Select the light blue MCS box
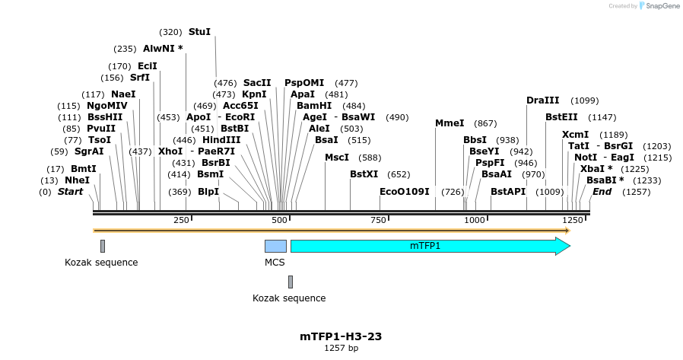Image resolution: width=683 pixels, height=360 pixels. [275, 246]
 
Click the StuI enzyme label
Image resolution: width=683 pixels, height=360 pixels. [199, 32]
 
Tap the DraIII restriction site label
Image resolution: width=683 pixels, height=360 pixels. [542, 100]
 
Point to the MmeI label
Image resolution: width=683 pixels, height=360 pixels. [450, 123]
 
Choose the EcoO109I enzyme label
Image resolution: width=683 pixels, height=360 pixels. [405, 192]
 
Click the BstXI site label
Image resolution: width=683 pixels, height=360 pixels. [364, 174]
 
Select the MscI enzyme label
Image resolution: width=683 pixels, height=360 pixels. [337, 158]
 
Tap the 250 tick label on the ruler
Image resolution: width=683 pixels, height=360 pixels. [181, 220]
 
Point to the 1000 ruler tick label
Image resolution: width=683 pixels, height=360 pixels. [475, 220]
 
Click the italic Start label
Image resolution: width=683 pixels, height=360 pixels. [70, 192]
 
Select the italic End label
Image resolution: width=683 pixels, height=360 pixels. [602, 192]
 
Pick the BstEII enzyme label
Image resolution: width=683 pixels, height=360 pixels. [561, 117]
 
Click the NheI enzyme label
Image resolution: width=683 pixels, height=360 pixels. [77, 180]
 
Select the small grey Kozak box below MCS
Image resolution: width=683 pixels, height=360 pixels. [291, 282]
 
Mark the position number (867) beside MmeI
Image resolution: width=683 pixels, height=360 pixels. [485, 123]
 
